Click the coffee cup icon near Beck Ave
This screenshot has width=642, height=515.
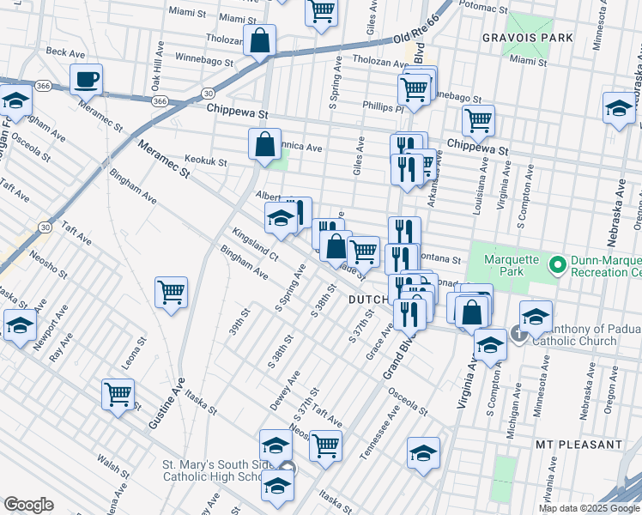click(x=86, y=81)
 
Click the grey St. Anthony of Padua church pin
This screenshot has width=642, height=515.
click(x=518, y=332)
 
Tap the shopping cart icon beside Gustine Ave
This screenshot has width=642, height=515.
click(x=118, y=395)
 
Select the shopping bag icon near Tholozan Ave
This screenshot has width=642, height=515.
click(x=259, y=40)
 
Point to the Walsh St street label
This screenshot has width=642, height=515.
click(x=112, y=464)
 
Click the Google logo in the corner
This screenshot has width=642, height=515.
click(x=28, y=505)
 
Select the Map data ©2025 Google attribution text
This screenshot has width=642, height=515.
click(x=589, y=508)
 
